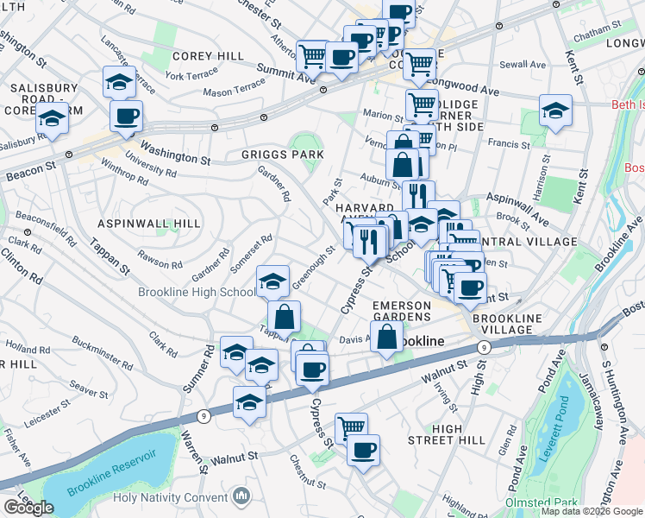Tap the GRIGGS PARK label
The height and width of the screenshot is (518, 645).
coord(283,155)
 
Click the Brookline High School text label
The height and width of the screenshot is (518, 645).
coord(197,292)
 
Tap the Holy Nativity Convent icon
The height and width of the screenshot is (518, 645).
coord(241,496)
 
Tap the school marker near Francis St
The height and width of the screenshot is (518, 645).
coord(556,110)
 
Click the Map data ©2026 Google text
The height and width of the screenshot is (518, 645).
coord(592,511)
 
